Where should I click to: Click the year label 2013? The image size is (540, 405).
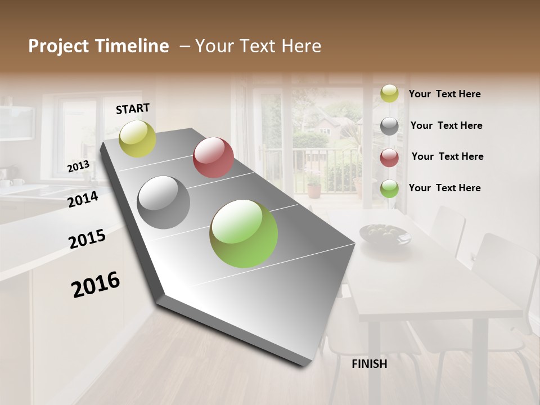pos(78,166)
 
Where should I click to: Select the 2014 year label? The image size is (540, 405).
pos(83,199)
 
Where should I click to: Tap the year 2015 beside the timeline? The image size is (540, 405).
pos(87,239)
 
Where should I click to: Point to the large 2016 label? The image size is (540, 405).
pos(96,285)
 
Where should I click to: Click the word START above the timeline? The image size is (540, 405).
pos(133,109)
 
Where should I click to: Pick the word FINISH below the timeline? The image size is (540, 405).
pos(370,364)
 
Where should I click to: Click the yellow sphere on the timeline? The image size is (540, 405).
pos(137,139)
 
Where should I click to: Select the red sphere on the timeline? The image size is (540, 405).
pos(213,157)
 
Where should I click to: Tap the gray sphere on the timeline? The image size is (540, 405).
pos(163,202)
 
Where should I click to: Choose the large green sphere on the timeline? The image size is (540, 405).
pos(244,233)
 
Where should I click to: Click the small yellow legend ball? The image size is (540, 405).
pos(389,93)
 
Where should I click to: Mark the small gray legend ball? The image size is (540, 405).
pos(389,125)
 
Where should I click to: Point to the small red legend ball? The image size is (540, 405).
pos(389,157)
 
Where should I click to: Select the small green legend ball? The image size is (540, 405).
pos(389,188)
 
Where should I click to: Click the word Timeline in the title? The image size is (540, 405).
pos(133,46)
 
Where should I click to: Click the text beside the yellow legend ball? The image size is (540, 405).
pos(445,94)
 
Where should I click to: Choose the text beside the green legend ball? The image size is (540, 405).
pos(445,188)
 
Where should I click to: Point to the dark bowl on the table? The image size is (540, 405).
pos(385,234)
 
